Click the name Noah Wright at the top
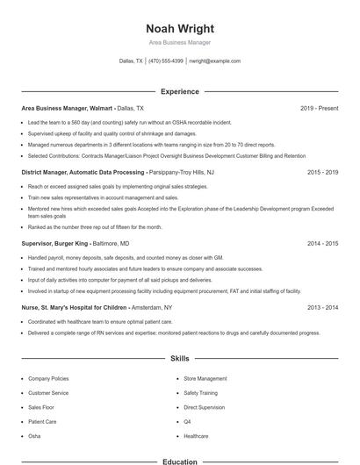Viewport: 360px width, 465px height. [179, 29]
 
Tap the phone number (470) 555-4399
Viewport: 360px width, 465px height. [166, 61]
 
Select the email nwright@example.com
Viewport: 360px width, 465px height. [214, 61]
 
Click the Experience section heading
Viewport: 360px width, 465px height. [179, 91]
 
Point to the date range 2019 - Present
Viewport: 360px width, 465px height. [319, 108]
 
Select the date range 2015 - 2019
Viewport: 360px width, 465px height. [322, 173]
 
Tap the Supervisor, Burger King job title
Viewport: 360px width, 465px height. [53, 243]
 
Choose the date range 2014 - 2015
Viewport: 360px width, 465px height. [322, 243]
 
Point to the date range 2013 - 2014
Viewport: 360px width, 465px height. [322, 308]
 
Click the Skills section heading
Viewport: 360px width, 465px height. [179, 359]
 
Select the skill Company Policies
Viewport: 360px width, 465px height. [48, 378]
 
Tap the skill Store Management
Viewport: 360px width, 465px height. [205, 378]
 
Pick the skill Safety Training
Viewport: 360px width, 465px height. [200, 393]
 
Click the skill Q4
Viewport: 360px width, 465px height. [187, 421]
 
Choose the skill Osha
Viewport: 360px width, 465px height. [34, 435]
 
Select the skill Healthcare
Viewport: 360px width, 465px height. [196, 435]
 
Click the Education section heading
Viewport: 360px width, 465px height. [179, 461]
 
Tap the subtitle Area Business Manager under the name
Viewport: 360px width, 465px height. [179, 42]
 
